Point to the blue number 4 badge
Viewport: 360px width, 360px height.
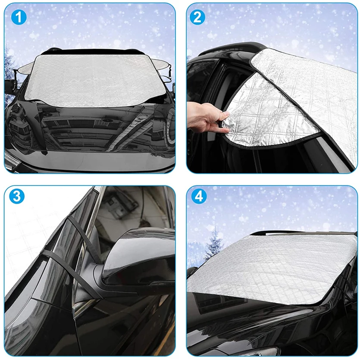coord(198,196)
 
